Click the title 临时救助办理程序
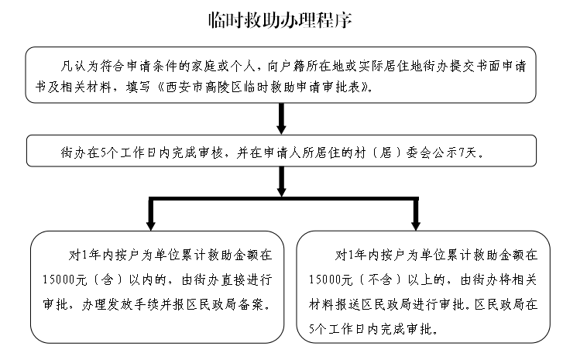(x=281, y=20)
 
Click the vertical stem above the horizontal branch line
(x=281, y=183)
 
